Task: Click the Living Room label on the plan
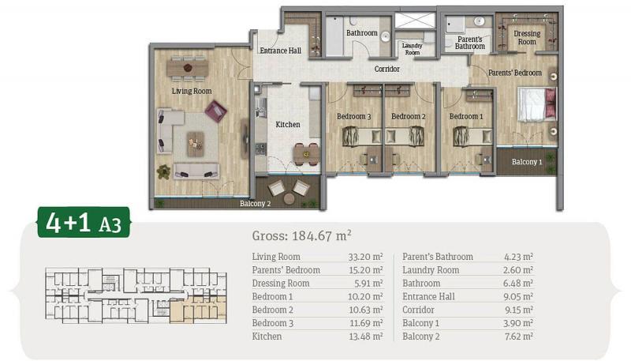click(x=192, y=91)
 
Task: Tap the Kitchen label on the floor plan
click(x=288, y=125)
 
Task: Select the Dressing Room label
click(x=527, y=37)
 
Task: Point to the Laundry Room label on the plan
click(x=412, y=49)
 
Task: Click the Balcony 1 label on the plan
click(x=527, y=162)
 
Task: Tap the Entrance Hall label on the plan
click(x=280, y=51)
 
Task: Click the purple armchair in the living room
click(x=215, y=111)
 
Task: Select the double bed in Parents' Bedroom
click(x=537, y=105)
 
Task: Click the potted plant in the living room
click(x=163, y=171)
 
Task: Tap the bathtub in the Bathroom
click(x=334, y=36)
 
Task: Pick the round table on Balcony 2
click(x=289, y=198)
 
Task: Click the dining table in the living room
click(x=188, y=68)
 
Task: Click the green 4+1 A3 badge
click(x=84, y=222)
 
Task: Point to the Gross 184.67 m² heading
click(x=302, y=235)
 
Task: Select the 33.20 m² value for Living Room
click(x=365, y=257)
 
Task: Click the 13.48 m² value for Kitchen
click(x=365, y=337)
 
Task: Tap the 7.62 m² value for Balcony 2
click(x=518, y=337)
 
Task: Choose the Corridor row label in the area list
click(x=418, y=310)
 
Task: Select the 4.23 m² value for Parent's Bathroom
click(x=518, y=257)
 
